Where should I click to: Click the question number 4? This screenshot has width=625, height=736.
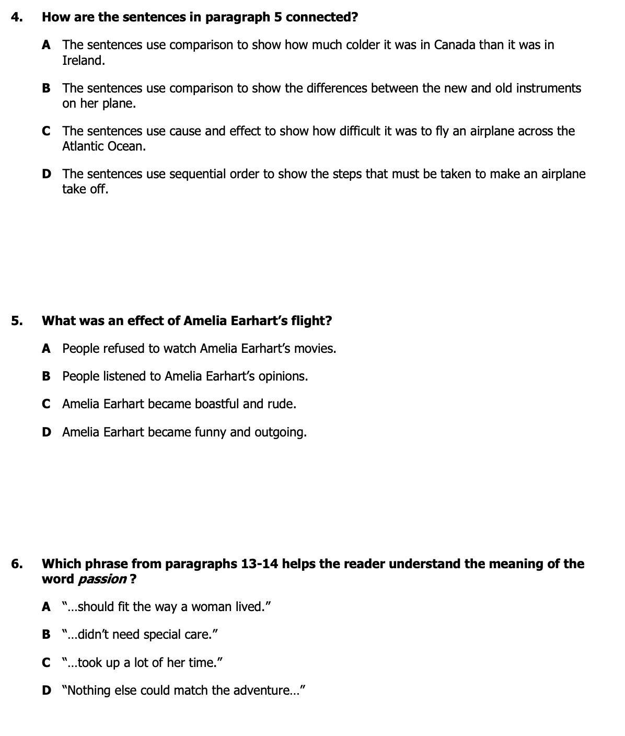(x=16, y=17)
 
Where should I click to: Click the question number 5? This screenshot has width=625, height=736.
(x=16, y=321)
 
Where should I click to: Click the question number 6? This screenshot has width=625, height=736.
(x=16, y=564)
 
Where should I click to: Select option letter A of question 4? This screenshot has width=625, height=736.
(x=46, y=45)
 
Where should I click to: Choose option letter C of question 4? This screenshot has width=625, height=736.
(x=46, y=131)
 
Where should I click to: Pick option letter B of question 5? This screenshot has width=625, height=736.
(x=46, y=376)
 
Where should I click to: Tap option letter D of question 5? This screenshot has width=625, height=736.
(x=46, y=432)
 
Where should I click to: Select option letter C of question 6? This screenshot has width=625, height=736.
(x=46, y=663)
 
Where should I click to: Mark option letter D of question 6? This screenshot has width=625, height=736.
(x=46, y=691)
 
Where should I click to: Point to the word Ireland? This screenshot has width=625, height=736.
(x=83, y=61)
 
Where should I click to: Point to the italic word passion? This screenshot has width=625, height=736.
(x=102, y=580)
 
